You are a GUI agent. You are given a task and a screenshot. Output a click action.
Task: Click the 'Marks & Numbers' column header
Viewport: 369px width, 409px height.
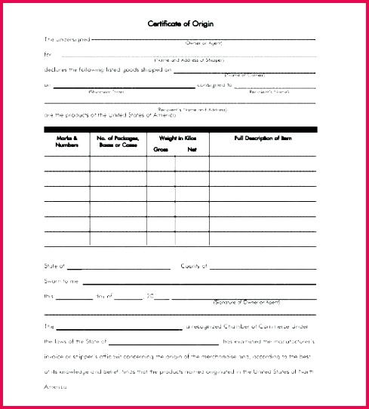(x=66, y=142)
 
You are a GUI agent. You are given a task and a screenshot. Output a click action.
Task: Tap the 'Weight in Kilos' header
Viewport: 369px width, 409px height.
(x=177, y=139)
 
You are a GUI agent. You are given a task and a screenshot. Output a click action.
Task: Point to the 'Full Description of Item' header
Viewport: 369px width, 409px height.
(x=263, y=139)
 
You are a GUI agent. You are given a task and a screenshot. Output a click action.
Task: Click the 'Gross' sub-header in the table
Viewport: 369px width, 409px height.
(x=161, y=149)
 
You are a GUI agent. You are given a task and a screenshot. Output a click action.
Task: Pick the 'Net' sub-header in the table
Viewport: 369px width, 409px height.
(x=192, y=149)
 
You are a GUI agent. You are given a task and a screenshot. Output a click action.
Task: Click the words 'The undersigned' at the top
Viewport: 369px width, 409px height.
(x=66, y=39)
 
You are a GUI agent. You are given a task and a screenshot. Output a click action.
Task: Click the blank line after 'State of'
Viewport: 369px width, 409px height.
(x=119, y=267)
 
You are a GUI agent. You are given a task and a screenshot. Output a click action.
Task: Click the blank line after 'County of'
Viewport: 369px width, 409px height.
(x=262, y=267)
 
